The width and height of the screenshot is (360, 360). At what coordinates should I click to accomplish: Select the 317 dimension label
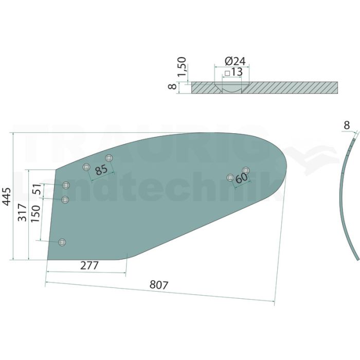[23, 212]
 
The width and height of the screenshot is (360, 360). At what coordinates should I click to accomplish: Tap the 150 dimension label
[35, 214]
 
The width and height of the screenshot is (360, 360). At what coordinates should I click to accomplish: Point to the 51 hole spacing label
[37, 189]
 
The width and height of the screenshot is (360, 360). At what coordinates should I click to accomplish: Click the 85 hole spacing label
[101, 170]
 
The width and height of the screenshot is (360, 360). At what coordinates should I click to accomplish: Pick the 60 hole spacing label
[242, 178]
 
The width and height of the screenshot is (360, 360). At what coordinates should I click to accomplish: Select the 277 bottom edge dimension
[89, 266]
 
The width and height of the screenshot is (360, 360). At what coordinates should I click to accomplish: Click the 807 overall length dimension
[159, 285]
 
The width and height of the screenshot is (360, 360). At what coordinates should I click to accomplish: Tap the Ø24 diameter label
[235, 61]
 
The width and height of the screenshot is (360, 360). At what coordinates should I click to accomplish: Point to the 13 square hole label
[237, 72]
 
